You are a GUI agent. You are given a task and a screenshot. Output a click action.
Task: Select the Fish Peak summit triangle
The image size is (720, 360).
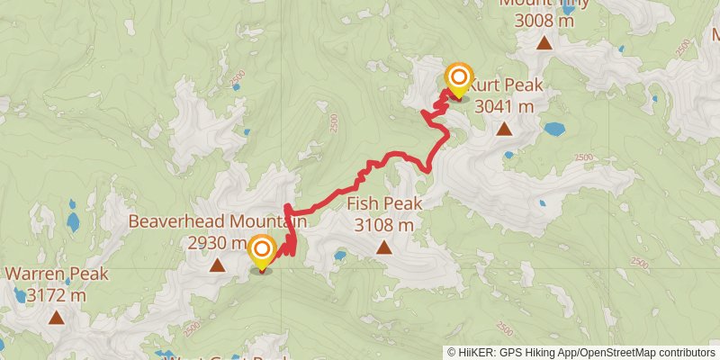[384, 247]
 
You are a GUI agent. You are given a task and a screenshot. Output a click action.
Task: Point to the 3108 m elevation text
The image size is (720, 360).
[384, 224]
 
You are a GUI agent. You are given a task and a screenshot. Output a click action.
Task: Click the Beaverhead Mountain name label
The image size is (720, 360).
[218, 221]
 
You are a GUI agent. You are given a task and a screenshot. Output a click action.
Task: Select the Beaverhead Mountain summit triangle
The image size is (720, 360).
[217, 265]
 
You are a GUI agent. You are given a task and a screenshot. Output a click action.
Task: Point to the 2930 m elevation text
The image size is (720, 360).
[217, 242]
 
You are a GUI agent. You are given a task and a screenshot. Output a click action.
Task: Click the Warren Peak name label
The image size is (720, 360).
[57, 274]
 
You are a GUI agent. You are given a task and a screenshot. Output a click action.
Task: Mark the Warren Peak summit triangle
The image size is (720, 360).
[57, 317]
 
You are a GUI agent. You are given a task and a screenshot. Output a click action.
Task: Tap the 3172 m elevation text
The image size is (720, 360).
[57, 294]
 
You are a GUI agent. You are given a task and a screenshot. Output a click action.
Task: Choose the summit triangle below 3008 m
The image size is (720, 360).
[544, 42]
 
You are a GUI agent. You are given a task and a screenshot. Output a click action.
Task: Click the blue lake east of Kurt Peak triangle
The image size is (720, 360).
[554, 129]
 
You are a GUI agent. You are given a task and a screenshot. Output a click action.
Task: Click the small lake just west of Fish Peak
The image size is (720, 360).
[339, 256]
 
